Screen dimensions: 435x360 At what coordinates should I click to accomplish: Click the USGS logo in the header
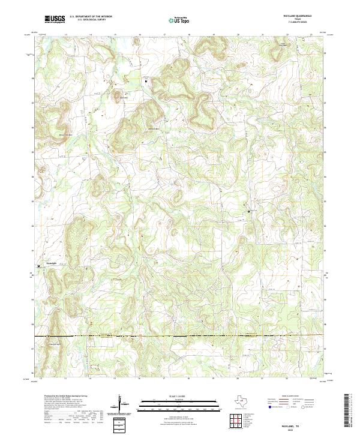(55, 20)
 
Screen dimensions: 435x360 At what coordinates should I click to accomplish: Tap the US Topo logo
(175, 20)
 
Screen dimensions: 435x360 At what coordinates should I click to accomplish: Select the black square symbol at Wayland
(249, 211)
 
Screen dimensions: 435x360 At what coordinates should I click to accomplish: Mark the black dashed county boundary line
(180, 336)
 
